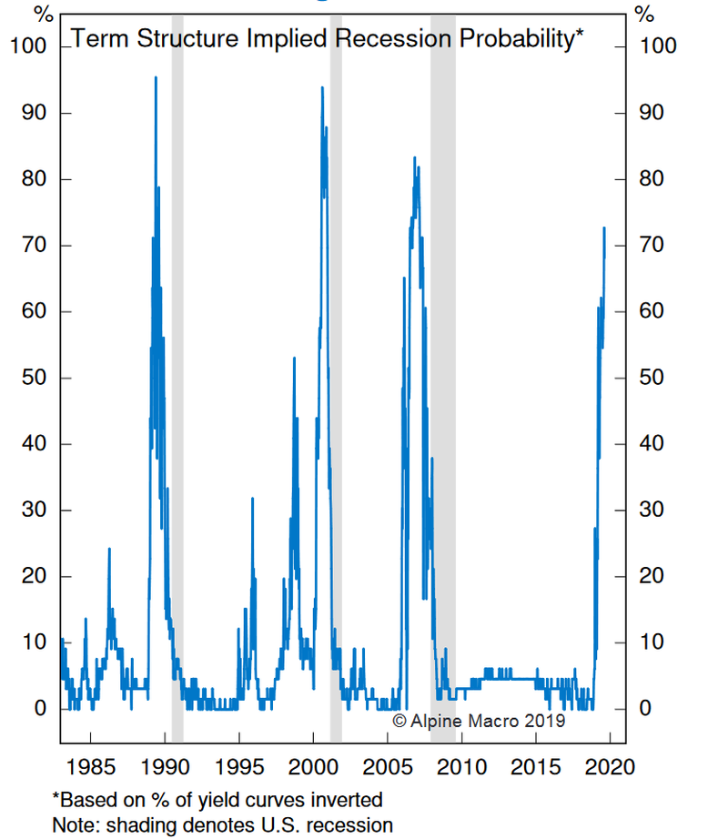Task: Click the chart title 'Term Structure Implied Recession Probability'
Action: (327, 39)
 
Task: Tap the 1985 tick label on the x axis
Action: (90, 765)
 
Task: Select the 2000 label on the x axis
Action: (314, 765)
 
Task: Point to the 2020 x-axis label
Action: (612, 765)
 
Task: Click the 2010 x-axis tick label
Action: (463, 765)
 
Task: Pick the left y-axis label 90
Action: (33, 113)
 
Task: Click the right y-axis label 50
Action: (644, 378)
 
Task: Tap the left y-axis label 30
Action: (33, 510)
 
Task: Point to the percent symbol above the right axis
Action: (644, 15)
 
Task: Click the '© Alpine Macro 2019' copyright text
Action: (479, 720)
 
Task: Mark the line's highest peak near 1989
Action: (156, 77)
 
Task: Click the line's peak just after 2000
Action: (322, 88)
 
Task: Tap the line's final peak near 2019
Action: (603, 228)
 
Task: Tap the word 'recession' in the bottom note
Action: (354, 825)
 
